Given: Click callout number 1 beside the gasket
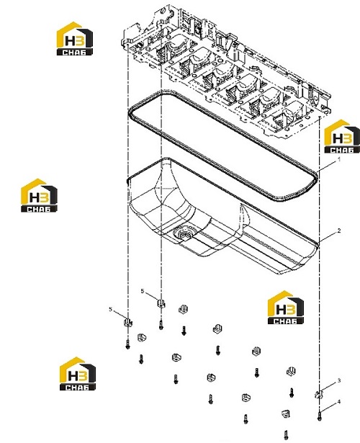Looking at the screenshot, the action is click(x=339, y=160).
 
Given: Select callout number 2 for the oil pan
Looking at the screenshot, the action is click(x=339, y=231).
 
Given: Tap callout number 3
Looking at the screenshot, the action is click(x=339, y=381).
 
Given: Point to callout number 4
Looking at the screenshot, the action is click(x=339, y=401).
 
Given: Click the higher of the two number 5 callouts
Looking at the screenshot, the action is click(x=143, y=291).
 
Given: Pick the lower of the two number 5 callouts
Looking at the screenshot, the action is click(x=111, y=309).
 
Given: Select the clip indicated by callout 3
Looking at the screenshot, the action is click(x=318, y=395).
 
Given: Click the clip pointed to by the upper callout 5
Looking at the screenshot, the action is click(x=161, y=303).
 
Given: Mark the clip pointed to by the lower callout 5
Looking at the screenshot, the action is click(x=128, y=322).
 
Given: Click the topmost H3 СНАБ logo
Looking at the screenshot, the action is click(x=75, y=38).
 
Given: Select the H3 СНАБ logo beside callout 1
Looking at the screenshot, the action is click(x=342, y=136).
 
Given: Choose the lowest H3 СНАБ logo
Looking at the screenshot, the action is click(x=78, y=374).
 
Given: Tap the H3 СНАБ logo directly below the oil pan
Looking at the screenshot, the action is click(x=286, y=308).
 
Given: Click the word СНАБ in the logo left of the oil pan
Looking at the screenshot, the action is click(x=39, y=209).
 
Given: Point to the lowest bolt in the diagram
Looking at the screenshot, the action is click(x=286, y=435).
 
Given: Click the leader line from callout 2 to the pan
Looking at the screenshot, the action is click(x=328, y=237).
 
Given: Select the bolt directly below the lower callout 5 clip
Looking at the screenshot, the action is click(x=127, y=344).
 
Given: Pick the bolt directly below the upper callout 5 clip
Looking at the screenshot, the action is click(x=161, y=325).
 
